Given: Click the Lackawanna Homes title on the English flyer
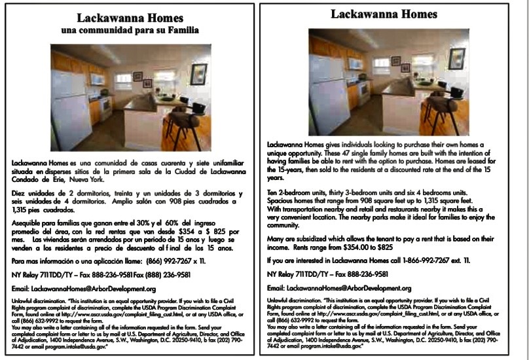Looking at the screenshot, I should point(384,14).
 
